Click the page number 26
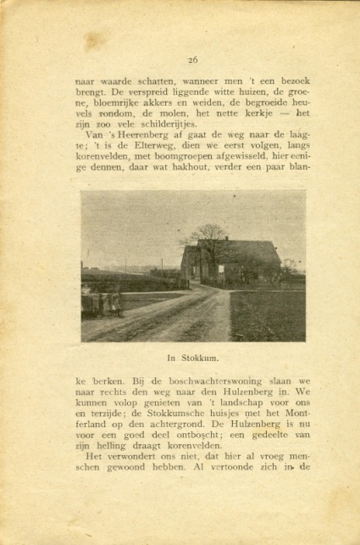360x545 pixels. pyautogui.click(x=192, y=59)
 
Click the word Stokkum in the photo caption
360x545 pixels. pyautogui.click(x=199, y=356)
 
